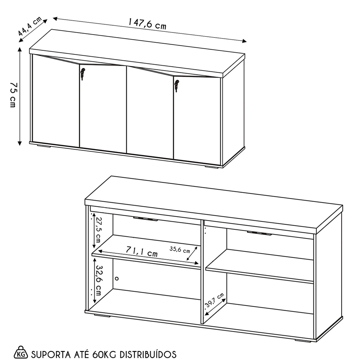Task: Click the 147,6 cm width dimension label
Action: coord(147,24)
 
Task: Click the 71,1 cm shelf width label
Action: coord(142,251)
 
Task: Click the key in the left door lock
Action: coord(83,74)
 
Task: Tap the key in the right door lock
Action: coord(176,86)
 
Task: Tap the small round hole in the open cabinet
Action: coord(117,278)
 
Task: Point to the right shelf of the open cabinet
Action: coord(259,266)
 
